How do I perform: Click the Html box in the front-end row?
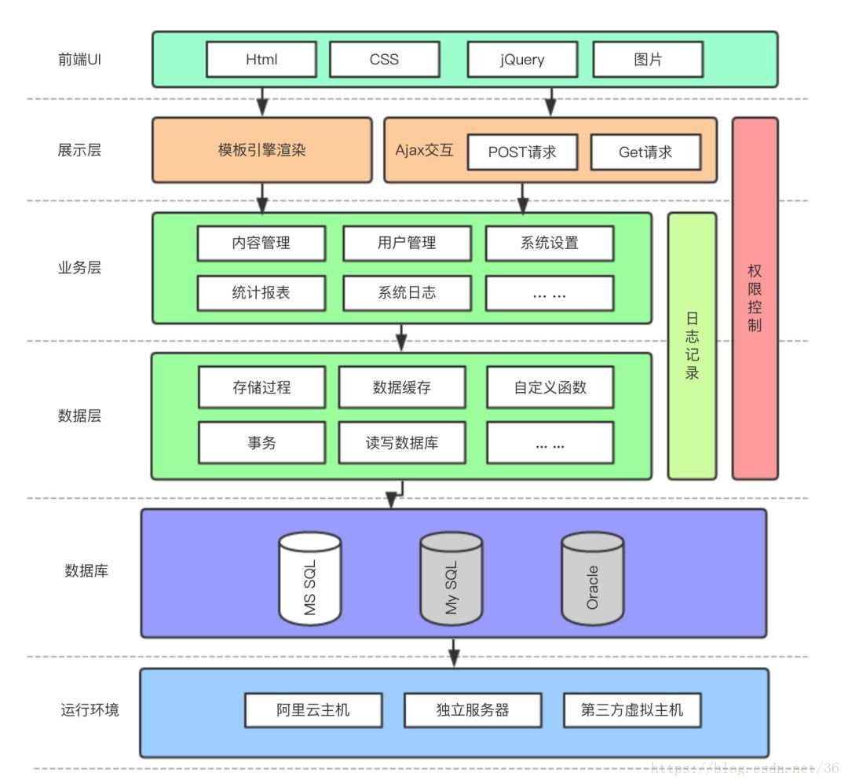point(261,60)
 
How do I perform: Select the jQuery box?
point(522,60)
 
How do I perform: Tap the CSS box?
point(384,60)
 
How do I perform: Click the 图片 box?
point(647,60)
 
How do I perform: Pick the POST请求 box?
point(522,152)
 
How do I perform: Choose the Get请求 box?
point(645,152)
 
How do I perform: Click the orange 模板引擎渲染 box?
point(261,150)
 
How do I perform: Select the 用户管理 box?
point(407,244)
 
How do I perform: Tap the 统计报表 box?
point(261,293)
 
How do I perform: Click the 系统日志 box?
point(407,293)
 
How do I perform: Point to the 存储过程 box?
point(261,387)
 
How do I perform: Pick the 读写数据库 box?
point(402,443)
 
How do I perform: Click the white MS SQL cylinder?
point(310,580)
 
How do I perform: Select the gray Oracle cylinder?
point(593,580)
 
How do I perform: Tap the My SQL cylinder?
point(451,580)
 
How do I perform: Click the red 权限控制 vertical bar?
point(755,299)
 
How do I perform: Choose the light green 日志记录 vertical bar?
point(692,346)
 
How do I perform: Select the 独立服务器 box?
point(473,710)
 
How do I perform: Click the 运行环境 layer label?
point(90,710)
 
